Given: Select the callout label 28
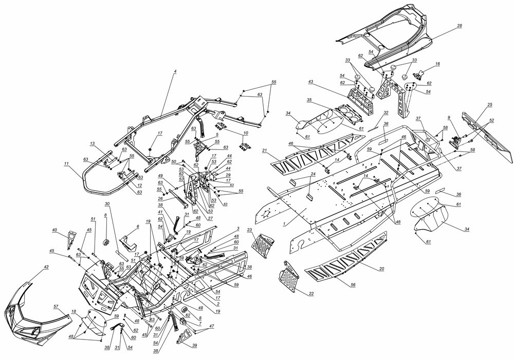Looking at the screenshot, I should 459,25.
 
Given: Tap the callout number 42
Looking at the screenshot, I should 46,268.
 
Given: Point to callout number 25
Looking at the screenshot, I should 489,105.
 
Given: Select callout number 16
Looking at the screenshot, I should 437,64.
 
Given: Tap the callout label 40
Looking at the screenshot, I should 69,231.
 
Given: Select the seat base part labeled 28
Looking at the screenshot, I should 391,36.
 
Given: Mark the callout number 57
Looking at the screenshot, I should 56,306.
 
